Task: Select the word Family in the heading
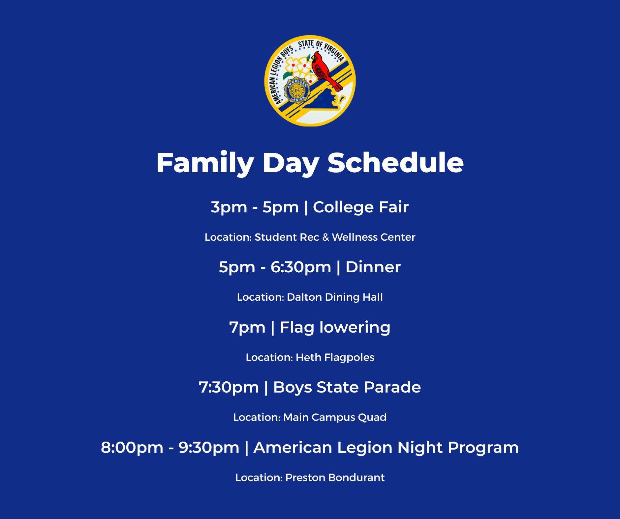[205, 163]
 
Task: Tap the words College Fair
[361, 207]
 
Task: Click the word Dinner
[373, 267]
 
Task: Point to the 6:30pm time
[301, 267]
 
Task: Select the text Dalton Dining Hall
[335, 297]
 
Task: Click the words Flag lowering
[335, 328]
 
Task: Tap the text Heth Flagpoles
[335, 357]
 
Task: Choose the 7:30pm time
[229, 388]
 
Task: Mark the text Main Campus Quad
[335, 417]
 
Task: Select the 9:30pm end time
[209, 448]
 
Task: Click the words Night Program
[458, 448]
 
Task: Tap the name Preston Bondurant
[335, 478]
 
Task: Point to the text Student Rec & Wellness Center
[335, 237]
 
